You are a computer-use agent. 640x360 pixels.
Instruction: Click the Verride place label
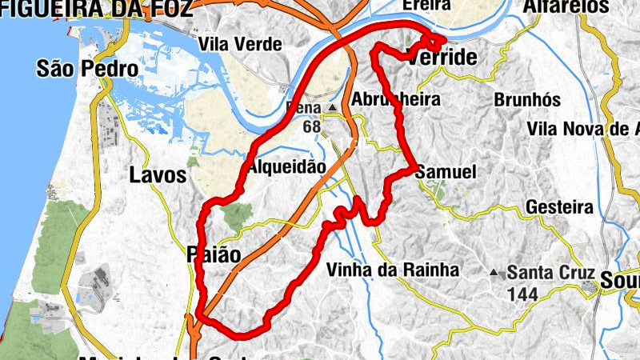pos(442,58)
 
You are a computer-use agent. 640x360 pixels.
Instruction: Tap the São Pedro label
pos(87,69)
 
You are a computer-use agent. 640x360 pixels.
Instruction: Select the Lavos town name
pos(158,175)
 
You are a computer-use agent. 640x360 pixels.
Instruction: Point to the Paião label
pos(213,254)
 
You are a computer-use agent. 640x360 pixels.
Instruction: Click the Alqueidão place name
pos(287,167)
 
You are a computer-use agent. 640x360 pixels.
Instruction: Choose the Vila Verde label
pos(241,44)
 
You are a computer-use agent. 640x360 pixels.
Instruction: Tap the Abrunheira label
pos(407,100)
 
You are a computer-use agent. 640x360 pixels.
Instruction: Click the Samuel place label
pos(446,172)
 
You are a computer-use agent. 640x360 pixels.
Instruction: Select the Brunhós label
pos(527,100)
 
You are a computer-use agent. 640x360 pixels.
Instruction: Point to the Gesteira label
pos(559,208)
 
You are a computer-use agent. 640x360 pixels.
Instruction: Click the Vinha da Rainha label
pos(394,270)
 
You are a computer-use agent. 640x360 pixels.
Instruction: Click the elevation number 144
pos(522,294)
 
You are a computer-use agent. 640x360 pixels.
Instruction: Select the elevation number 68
pos(312,126)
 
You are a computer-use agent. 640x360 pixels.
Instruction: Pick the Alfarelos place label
pos(565,6)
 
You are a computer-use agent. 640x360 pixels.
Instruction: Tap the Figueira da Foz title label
pos(96,9)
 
